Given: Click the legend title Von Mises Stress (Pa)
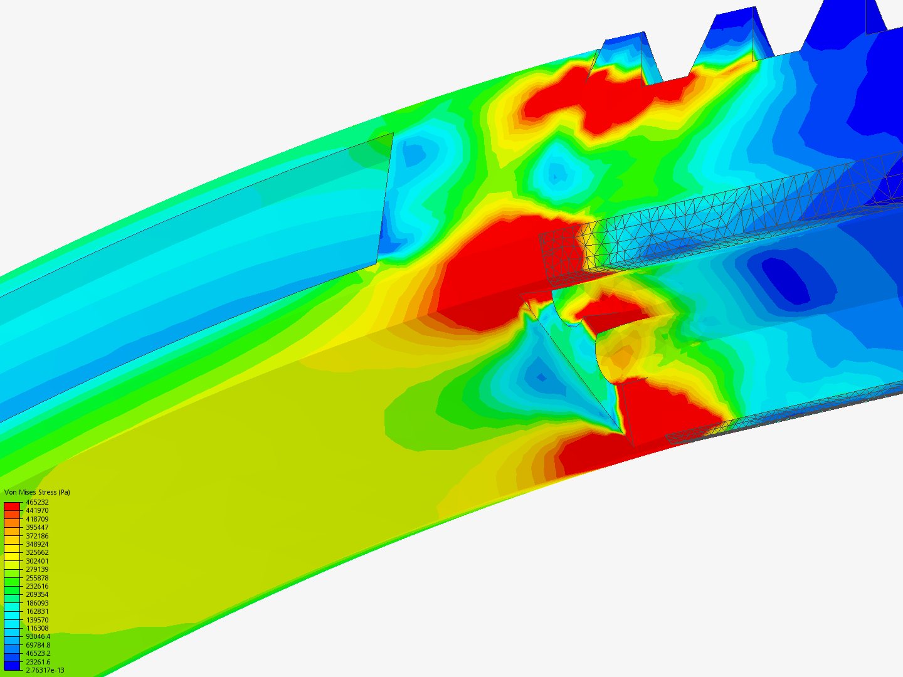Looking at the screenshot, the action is tap(37, 492).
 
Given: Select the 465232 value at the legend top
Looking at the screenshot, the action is tap(37, 502).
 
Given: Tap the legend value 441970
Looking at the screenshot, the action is tap(37, 510).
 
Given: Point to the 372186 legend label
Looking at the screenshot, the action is tap(37, 536).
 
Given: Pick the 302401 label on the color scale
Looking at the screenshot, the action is tap(37, 561).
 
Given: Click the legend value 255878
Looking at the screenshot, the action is tap(37, 578).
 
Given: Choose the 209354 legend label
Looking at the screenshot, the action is tap(37, 594).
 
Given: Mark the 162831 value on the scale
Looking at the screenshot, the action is tap(37, 611).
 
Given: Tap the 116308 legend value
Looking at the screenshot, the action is tap(37, 628).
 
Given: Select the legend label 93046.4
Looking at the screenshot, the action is tap(38, 636).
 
